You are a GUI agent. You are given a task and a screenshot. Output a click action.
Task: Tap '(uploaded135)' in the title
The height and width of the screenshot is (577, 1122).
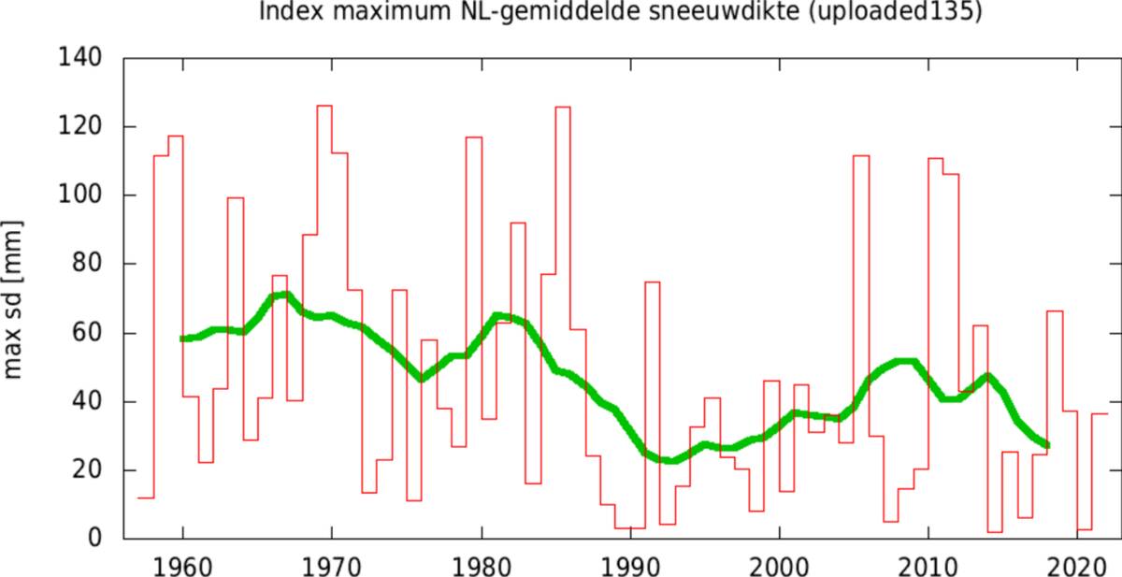[899, 13]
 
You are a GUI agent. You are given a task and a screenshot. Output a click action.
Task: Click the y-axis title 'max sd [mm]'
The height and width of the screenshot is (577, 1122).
[13, 299]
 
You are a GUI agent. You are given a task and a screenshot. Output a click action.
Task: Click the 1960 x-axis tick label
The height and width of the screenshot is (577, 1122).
[183, 564]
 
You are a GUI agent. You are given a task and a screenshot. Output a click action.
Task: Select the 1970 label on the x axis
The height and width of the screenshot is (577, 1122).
[332, 564]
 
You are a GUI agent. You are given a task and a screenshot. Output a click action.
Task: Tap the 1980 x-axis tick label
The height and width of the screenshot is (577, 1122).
[482, 564]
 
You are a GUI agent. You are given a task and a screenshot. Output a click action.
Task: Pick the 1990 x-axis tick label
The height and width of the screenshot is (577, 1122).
[630, 564]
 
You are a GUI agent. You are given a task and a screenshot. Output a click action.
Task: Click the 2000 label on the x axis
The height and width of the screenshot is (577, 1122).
[780, 564]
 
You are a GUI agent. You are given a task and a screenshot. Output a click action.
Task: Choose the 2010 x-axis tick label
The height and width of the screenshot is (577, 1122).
[928, 564]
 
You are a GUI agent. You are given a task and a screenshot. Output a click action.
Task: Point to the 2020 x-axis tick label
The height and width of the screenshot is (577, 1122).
[1078, 564]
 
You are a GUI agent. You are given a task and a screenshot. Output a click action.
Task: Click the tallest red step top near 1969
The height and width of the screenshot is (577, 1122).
[324, 106]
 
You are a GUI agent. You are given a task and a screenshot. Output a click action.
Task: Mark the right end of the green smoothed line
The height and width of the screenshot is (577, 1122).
[1047, 445]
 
